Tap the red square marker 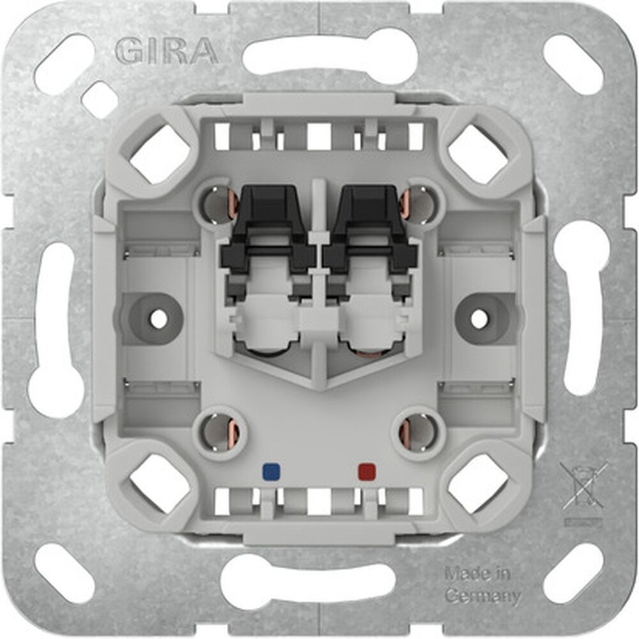click(366, 472)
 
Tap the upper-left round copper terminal click(220, 204)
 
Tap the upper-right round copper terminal click(419, 204)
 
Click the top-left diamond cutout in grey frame click(160, 153)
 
